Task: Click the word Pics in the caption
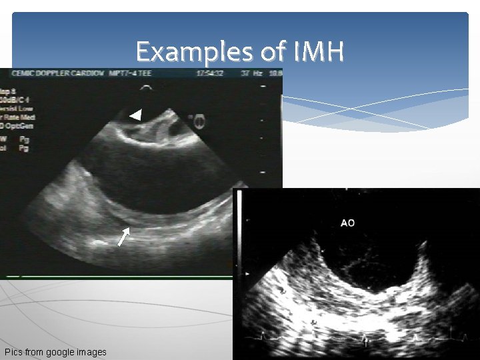pos(13,352)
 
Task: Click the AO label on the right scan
pos(347,223)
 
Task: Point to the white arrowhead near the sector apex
pos(135,115)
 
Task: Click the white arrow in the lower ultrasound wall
pos(123,236)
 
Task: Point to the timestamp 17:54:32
pos(209,73)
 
